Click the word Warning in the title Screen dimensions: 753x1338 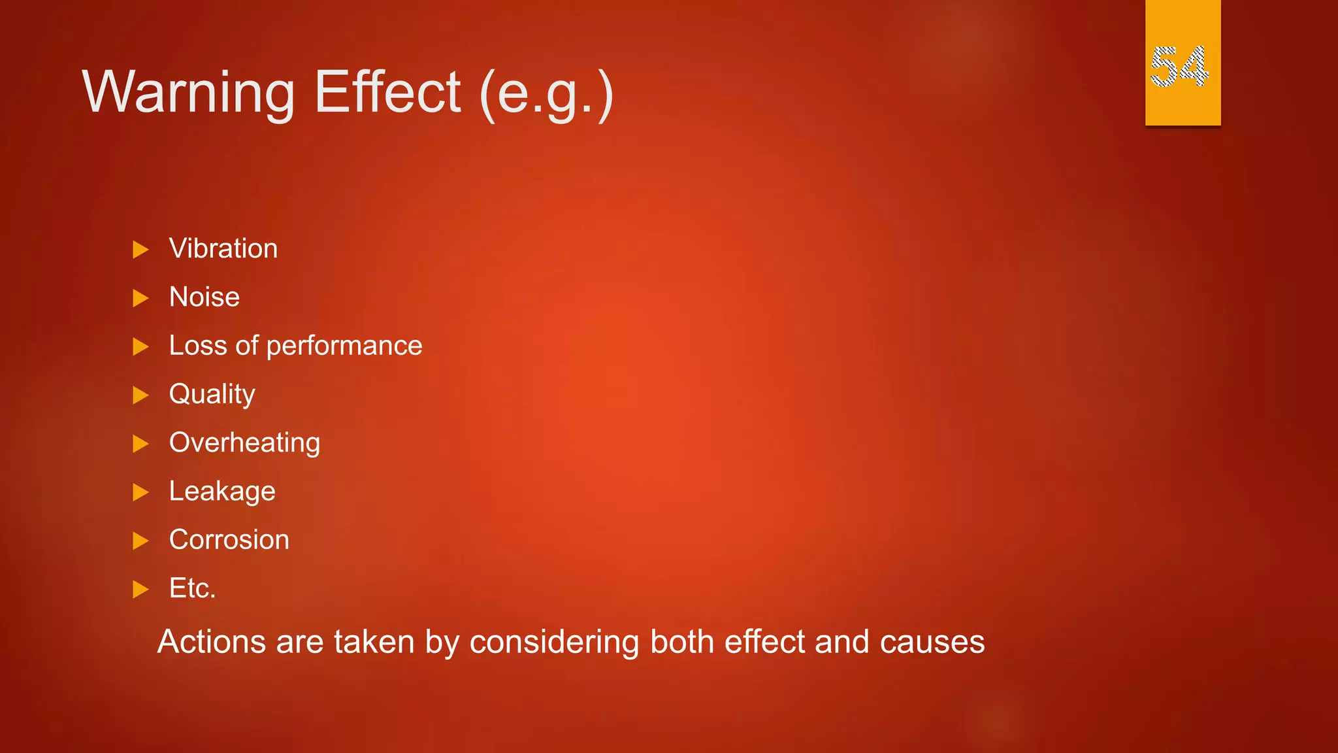(189, 93)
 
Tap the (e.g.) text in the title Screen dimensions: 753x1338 (546, 95)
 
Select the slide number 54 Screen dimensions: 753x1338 (1180, 67)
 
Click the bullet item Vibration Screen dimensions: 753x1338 (223, 249)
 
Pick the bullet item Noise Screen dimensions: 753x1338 (204, 297)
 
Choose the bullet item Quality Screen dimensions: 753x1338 (212, 395)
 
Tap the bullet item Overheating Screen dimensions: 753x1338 (245, 443)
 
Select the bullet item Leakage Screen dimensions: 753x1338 (222, 492)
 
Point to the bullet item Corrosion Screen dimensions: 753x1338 (229, 540)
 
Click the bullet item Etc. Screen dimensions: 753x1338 (193, 588)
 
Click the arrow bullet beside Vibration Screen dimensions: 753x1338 (140, 250)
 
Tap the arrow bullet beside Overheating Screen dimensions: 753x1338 (140, 444)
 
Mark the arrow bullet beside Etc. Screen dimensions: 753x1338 (140, 590)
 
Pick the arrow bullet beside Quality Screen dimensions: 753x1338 (140, 395)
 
